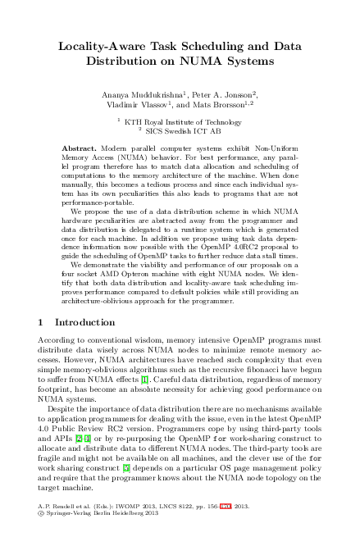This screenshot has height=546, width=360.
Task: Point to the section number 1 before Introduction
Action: tap(42, 322)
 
